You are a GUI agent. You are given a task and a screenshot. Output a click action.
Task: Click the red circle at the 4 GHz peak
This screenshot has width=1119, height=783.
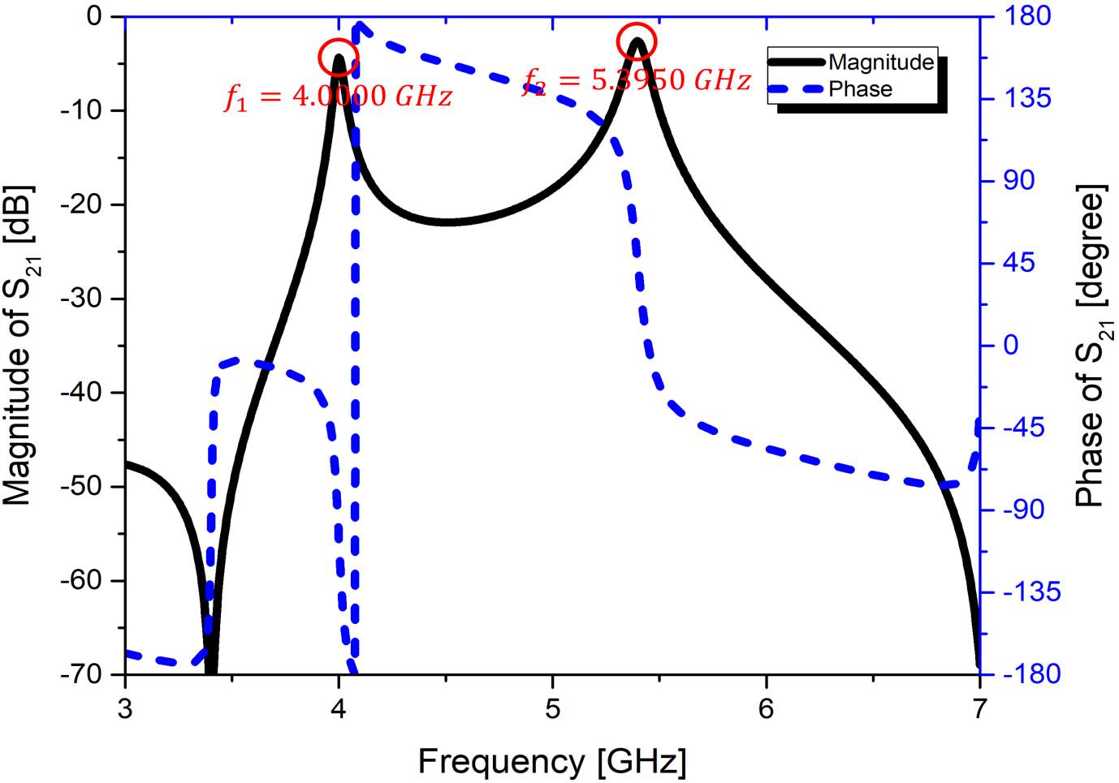click(x=338, y=58)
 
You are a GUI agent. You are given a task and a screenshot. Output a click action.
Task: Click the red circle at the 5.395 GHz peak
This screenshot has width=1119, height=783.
click(x=637, y=41)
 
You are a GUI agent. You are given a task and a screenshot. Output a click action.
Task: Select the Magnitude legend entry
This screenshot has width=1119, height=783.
click(x=880, y=62)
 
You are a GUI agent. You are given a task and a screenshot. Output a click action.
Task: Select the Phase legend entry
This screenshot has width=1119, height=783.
click(x=859, y=89)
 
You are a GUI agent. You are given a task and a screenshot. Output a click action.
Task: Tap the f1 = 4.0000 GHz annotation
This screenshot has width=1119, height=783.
click(x=338, y=97)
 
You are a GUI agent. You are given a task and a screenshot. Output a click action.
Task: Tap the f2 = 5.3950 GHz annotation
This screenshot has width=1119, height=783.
click(x=637, y=80)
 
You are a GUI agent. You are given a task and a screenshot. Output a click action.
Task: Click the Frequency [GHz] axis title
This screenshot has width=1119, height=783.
click(x=552, y=762)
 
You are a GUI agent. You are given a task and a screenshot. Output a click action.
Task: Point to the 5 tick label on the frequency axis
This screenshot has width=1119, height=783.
click(x=552, y=709)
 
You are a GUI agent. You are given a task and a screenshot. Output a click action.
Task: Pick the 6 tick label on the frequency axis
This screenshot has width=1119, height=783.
click(x=766, y=709)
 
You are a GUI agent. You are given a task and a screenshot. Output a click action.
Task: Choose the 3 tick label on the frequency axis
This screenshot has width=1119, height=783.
click(x=125, y=709)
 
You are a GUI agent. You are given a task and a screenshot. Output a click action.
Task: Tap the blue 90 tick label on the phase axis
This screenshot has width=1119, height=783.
click(x=1018, y=180)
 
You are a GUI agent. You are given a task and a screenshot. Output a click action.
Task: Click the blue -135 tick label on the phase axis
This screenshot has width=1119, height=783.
click(x=1030, y=592)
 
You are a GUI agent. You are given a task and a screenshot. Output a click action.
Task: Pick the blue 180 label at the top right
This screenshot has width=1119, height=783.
click(x=1026, y=15)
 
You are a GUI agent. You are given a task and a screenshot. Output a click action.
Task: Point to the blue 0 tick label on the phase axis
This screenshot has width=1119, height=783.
click(x=1010, y=345)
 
